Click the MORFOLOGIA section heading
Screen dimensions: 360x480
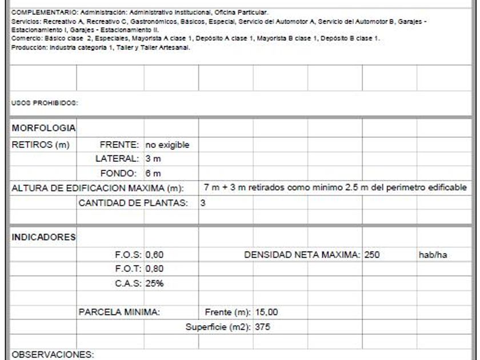click(x=44, y=129)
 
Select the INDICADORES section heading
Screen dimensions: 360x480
click(x=44, y=237)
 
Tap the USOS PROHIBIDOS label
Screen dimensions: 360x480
click(x=44, y=104)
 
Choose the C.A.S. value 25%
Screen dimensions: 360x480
click(x=155, y=283)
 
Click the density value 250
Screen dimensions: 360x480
click(x=373, y=254)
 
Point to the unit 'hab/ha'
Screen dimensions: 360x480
click(x=433, y=254)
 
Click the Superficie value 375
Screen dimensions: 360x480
click(x=262, y=327)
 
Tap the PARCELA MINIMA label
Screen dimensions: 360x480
click(x=118, y=313)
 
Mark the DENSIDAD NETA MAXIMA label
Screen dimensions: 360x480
click(x=303, y=254)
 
